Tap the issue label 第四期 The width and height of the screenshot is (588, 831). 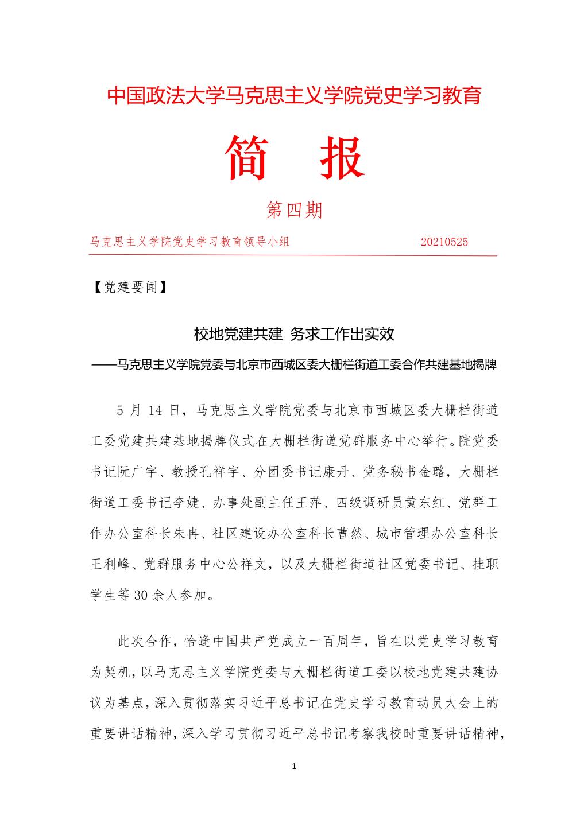click(x=295, y=210)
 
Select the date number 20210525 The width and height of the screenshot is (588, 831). click(x=444, y=242)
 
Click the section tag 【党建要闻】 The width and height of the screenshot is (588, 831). click(x=130, y=287)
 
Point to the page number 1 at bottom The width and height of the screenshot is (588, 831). click(x=294, y=767)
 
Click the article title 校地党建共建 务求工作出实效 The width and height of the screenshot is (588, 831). click(x=293, y=333)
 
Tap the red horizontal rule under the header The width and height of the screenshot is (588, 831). click(x=293, y=255)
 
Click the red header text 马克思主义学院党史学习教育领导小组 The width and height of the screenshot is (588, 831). click(x=190, y=242)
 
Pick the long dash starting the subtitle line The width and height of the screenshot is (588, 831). click(x=104, y=364)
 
